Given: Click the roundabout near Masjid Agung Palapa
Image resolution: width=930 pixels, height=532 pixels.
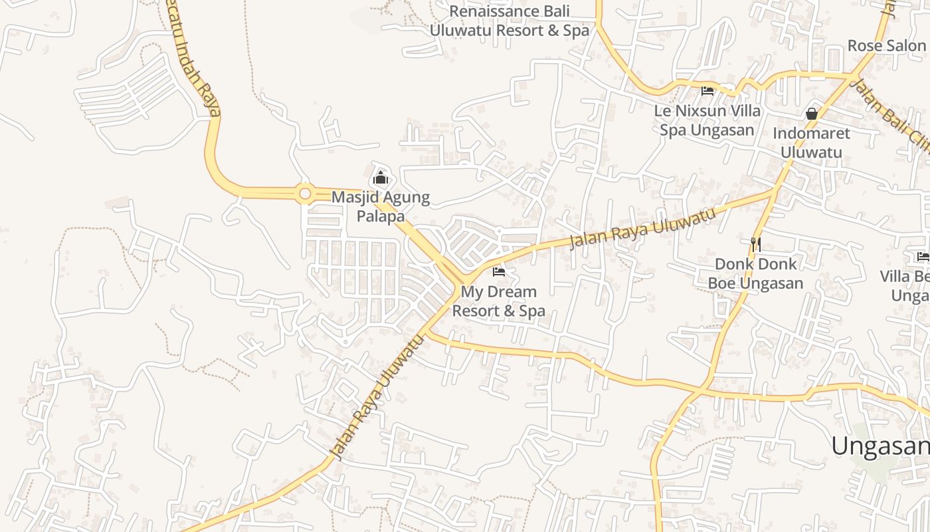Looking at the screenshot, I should pyautogui.click(x=305, y=194).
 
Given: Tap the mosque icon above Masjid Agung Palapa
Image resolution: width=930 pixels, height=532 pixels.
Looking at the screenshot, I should pyautogui.click(x=381, y=178).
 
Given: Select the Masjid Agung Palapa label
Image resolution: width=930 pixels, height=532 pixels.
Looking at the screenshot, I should pyautogui.click(x=381, y=207).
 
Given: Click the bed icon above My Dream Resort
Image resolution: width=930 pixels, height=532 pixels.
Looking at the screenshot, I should pyautogui.click(x=499, y=271).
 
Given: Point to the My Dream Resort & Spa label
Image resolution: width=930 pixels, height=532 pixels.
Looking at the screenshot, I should pyautogui.click(x=498, y=301).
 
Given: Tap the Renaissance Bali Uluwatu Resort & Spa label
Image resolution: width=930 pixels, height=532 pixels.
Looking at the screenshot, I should pyautogui.click(x=510, y=21).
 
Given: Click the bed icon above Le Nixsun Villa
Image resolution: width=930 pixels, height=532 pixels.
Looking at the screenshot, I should pyautogui.click(x=707, y=91).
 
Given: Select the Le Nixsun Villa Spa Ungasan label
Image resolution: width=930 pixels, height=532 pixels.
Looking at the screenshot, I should pyautogui.click(x=707, y=120).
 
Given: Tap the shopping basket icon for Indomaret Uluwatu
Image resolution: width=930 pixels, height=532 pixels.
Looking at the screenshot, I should pyautogui.click(x=811, y=114).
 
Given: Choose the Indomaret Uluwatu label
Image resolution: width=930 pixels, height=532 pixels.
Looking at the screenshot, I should pyautogui.click(x=811, y=143).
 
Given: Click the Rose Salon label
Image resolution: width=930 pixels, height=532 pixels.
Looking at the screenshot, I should pyautogui.click(x=886, y=46).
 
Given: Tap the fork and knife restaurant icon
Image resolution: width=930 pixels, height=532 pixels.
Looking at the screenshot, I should pyautogui.click(x=755, y=244).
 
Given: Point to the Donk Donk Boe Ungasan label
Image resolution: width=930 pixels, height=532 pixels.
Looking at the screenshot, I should pyautogui.click(x=755, y=273).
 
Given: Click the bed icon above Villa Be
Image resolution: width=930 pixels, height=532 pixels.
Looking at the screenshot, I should pyautogui.click(x=923, y=257).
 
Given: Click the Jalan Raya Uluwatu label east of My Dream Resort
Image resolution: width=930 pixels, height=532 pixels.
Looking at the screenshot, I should pyautogui.click(x=642, y=229).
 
